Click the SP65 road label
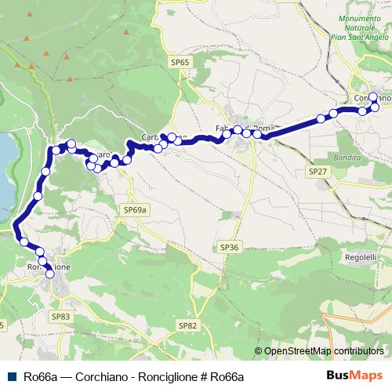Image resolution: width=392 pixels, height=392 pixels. (x=180, y=61)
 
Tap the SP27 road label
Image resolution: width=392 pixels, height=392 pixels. (x=318, y=171)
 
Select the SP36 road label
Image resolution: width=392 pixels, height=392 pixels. (x=229, y=247)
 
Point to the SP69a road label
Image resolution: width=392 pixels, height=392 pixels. (x=136, y=210)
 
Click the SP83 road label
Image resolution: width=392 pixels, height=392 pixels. (x=60, y=316)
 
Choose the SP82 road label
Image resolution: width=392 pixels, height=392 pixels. (x=187, y=325)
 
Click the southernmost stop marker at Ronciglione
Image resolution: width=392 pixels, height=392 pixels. (x=50, y=274)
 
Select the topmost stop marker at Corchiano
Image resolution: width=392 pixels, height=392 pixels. (x=373, y=97)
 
